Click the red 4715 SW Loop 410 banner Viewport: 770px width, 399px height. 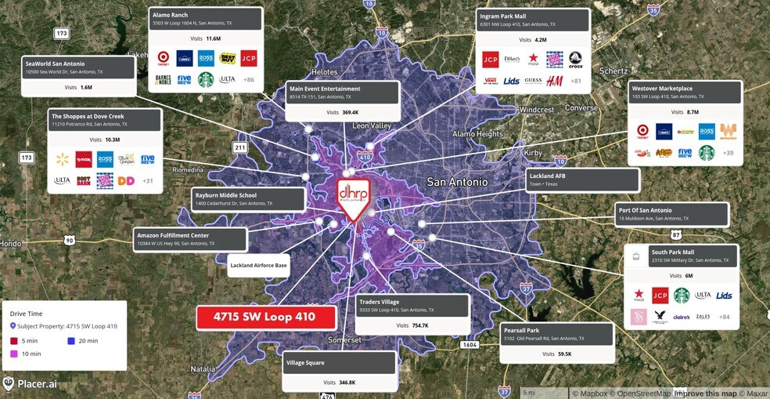point(266,317)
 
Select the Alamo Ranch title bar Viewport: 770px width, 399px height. point(205,19)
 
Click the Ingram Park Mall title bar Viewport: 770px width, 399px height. point(532,20)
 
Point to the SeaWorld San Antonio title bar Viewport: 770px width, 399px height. point(78,67)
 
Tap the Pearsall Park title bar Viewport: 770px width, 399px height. point(557,335)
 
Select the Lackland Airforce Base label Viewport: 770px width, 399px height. point(258,266)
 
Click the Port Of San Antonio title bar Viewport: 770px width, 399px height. point(671,213)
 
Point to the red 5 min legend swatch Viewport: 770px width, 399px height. point(14,341)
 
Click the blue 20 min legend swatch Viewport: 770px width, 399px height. point(70,341)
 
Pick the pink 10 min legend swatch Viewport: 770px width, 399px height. point(14,354)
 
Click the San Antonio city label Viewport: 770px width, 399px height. point(457,183)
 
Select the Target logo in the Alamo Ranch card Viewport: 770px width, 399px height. point(164,57)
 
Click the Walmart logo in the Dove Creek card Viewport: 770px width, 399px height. point(62,159)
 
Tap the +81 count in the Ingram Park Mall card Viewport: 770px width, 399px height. point(575,81)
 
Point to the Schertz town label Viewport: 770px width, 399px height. point(613,71)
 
